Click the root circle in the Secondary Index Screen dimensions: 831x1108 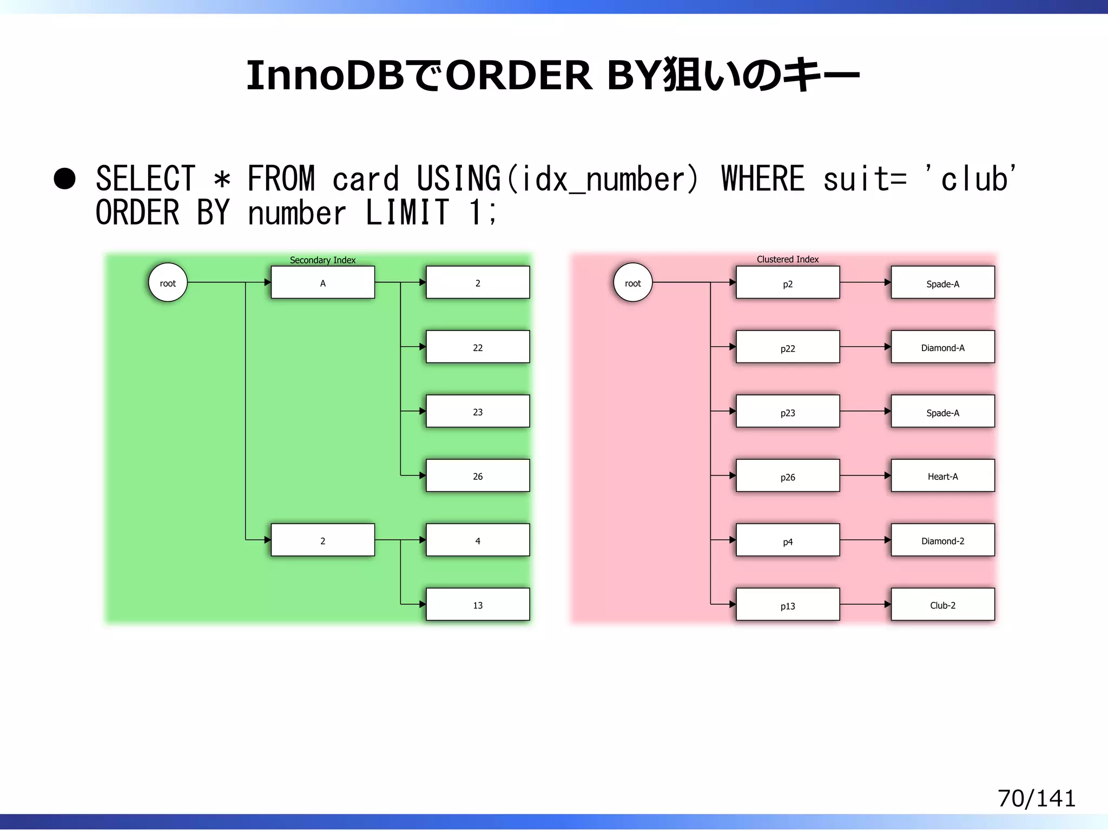pos(168,282)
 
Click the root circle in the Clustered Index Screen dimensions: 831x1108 pos(632,282)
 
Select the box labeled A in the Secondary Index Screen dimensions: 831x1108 pos(322,282)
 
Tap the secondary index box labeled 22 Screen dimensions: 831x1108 pos(478,347)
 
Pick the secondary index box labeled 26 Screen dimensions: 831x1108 pos(478,476)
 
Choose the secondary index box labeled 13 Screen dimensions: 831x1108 pos(478,604)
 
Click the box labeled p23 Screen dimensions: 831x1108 pos(788,411)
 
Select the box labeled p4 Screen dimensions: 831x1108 pos(788,540)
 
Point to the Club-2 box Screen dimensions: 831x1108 pos(942,604)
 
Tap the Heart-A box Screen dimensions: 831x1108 pos(942,476)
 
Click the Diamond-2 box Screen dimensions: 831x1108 pos(942,540)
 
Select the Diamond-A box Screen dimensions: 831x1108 pos(942,347)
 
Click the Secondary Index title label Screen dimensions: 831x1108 pos(322,260)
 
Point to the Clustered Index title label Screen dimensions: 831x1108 pos(787,260)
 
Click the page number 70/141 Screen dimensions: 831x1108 pos(1036,799)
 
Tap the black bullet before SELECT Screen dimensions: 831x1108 pos(65,179)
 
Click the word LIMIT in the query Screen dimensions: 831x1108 pos(407,213)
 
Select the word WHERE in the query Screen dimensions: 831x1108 pos(763,179)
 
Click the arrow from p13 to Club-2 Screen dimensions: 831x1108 pos(865,604)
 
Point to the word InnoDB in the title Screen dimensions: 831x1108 pos(325,76)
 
